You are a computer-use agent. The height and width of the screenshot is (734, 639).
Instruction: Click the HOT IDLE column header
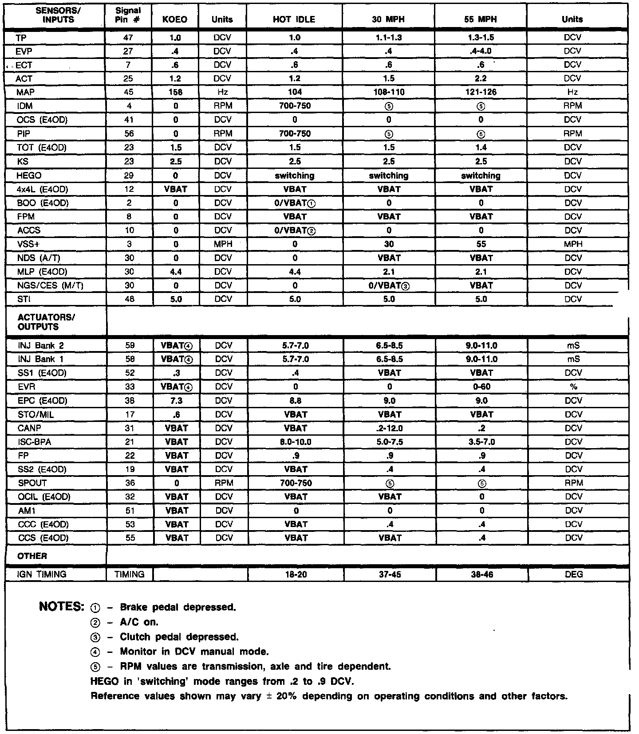pos(294,20)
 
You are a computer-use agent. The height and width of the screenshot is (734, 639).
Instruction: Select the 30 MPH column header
pos(388,20)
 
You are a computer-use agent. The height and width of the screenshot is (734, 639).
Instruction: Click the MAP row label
pos(25,92)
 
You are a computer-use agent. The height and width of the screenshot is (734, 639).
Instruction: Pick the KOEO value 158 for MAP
pos(176,92)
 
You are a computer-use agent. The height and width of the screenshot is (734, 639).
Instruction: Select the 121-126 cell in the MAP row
pos(481,92)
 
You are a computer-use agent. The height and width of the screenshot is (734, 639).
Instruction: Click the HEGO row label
pos(30,176)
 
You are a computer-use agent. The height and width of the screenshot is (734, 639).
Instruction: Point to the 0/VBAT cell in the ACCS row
pos(295,230)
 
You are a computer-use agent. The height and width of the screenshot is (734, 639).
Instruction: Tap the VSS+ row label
pos(28,244)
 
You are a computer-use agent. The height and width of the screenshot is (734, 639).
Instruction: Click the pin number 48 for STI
pos(128,299)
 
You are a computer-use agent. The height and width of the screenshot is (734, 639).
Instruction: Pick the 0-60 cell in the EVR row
pos(481,387)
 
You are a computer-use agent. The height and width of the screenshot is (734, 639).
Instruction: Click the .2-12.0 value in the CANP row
pos(389,428)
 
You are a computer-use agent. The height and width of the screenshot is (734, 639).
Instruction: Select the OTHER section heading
pos(32,556)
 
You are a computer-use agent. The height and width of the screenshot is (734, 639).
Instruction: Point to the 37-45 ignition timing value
pos(389,574)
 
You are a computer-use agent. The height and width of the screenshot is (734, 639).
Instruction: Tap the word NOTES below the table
pos(62,606)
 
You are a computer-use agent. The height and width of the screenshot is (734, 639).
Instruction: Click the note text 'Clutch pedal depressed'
pos(179,637)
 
